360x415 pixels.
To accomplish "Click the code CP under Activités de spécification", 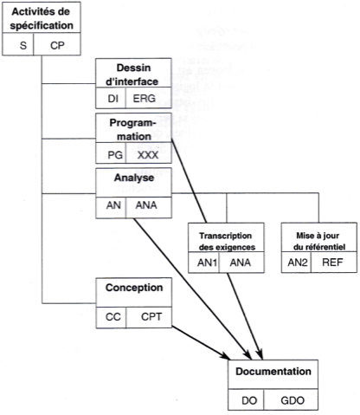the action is (57, 45).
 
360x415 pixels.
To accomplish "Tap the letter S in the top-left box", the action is (23, 45).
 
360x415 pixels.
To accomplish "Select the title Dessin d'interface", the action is (132, 75).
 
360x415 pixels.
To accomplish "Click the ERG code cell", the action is (144, 99).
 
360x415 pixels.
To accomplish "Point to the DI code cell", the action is (113, 99).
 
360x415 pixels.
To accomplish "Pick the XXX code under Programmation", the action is (148, 155).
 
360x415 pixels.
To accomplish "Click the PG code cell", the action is (115, 155).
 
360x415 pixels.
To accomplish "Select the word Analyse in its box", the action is (134, 178).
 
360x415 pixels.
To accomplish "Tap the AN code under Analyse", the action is (113, 205).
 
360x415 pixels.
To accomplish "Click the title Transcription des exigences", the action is (227, 241).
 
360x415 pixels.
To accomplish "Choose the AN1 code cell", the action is (207, 263).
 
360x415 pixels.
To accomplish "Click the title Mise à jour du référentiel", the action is (318, 241).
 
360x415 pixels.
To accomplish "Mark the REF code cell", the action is (332, 263).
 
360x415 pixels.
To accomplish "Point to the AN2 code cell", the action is (298, 263).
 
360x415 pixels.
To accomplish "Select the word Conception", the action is (134, 288).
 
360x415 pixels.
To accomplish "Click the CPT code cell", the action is (151, 317).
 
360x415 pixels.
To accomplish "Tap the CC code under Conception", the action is (112, 317).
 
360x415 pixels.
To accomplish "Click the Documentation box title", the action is (273, 372).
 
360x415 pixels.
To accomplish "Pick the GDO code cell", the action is (292, 400).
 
